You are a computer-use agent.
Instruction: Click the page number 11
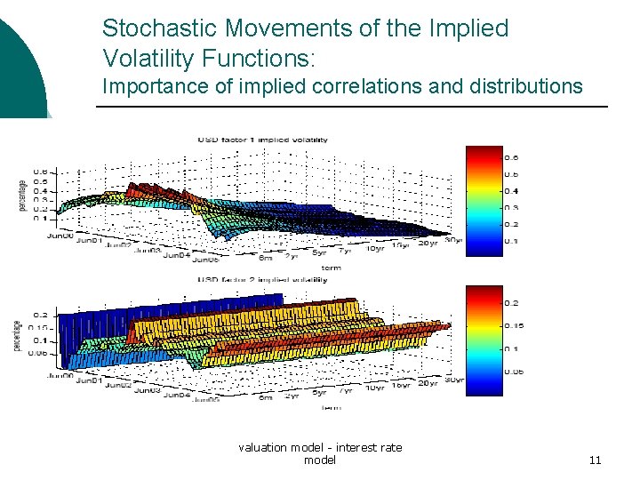point(595,460)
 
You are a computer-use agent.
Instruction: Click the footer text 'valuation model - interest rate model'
point(320,453)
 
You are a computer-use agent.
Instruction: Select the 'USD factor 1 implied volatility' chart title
point(262,140)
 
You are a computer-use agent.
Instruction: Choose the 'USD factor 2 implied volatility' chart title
point(262,278)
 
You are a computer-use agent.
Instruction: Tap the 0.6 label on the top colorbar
point(512,158)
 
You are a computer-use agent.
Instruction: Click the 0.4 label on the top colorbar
point(512,191)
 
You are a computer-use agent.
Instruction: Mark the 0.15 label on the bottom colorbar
point(514,325)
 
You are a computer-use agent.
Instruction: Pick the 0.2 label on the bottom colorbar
point(512,303)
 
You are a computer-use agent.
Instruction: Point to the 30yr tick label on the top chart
point(453,241)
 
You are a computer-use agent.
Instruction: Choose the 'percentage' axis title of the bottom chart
point(17,333)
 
